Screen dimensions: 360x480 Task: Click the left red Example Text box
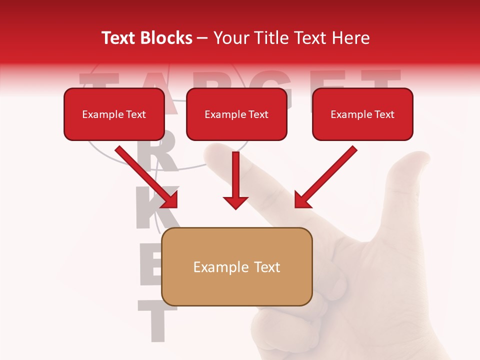[114, 114]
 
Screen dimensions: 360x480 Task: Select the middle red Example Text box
[236, 114]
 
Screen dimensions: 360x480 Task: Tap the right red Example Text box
[362, 114]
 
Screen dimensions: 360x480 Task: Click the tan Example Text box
[237, 266]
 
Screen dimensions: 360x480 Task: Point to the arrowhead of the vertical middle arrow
[235, 202]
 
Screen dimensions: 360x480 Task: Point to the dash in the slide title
[203, 38]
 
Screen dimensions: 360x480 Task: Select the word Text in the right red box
[384, 114]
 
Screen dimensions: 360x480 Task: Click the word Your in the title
[231, 38]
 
